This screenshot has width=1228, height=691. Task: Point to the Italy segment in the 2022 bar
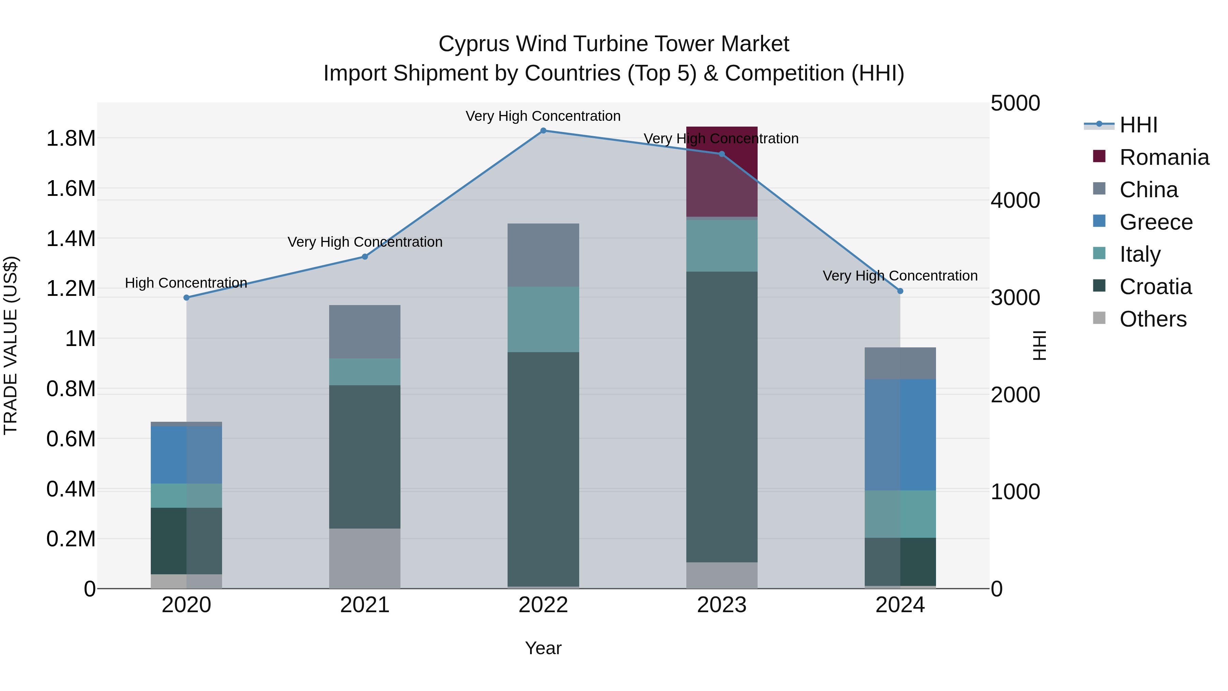[x=543, y=319]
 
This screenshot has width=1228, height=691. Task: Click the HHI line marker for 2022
[x=543, y=131]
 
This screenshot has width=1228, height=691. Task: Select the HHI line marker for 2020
[x=186, y=298]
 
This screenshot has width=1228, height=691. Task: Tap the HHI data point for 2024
[x=900, y=291]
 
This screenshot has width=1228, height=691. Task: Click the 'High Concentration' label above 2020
[x=186, y=283]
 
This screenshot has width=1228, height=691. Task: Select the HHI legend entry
[x=1138, y=125]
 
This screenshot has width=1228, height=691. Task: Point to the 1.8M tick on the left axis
[x=71, y=139]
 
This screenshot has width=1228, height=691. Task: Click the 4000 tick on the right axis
[x=1015, y=200]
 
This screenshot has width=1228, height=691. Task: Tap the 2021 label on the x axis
[x=365, y=605]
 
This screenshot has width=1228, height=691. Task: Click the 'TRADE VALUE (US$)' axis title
[x=11, y=345]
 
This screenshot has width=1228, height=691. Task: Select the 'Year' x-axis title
[x=543, y=648]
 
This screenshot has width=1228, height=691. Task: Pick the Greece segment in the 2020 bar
[x=186, y=455]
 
